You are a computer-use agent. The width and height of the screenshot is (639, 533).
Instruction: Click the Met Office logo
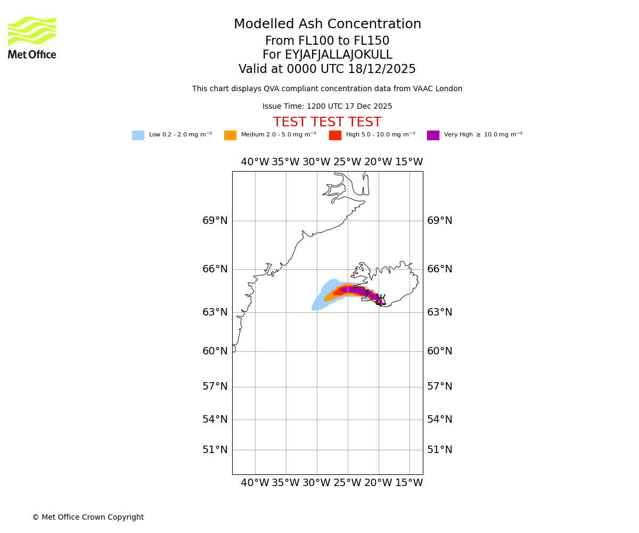click(x=32, y=38)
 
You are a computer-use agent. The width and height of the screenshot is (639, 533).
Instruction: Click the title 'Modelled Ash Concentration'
click(x=327, y=25)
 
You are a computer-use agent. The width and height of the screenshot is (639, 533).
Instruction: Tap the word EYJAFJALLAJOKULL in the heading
click(x=339, y=55)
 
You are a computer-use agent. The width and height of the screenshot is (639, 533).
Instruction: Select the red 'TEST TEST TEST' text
click(x=327, y=123)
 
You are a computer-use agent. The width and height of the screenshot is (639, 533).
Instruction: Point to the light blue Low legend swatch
click(x=138, y=135)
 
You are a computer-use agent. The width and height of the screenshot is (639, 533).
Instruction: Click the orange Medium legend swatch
click(x=230, y=135)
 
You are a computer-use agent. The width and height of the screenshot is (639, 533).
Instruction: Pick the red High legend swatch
click(x=335, y=135)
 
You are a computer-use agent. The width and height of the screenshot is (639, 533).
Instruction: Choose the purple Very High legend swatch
click(x=433, y=135)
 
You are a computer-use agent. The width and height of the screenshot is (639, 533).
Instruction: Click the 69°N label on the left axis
click(x=215, y=221)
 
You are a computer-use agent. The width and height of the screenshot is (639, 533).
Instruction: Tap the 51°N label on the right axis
click(x=440, y=450)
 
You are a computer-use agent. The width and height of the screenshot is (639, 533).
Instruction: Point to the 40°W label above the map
click(x=255, y=162)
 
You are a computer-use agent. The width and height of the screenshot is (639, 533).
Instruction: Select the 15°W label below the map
click(x=409, y=483)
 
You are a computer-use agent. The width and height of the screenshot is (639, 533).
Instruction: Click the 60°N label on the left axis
click(x=215, y=351)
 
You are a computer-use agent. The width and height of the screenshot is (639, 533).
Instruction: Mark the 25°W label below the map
click(x=347, y=483)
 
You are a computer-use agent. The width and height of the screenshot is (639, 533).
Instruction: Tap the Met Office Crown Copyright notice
click(x=88, y=518)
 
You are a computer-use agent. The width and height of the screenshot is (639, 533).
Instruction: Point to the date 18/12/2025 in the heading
click(x=382, y=69)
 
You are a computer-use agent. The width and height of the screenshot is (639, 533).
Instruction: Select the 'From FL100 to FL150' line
click(x=327, y=41)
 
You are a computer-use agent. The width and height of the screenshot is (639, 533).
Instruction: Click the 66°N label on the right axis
click(x=440, y=269)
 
